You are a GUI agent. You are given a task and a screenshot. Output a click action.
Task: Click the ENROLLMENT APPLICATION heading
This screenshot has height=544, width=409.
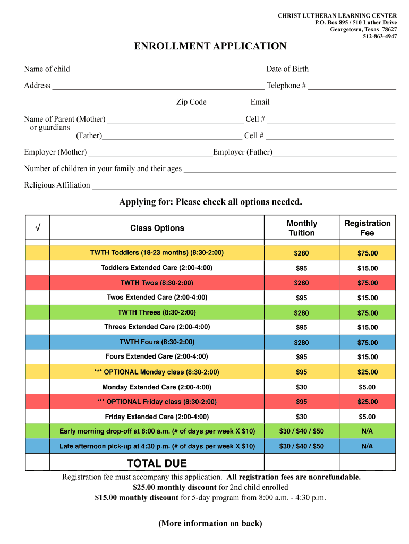pos(210,46)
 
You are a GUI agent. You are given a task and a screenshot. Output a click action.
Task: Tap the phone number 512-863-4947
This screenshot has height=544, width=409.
pos(379,37)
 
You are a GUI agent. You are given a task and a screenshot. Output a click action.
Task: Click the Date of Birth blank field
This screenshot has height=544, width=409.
pos(353,70)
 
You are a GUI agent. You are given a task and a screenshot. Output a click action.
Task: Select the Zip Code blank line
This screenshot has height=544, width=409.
pos(228,103)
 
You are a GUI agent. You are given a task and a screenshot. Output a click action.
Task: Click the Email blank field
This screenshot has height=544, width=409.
pos(334,103)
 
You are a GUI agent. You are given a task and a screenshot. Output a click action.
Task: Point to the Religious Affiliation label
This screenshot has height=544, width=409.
pos(57,185)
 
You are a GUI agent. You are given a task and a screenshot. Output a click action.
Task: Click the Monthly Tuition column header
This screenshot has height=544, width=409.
pos(302,228)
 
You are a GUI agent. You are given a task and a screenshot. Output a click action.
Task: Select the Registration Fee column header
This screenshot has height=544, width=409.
pos(367,228)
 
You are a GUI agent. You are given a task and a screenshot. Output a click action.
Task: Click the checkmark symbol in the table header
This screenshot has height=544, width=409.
pos(38,228)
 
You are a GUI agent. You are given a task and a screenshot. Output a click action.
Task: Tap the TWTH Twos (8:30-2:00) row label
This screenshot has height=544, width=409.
pos(157,283)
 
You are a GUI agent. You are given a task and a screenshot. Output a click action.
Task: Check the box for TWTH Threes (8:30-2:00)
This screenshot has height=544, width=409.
pos(38,312)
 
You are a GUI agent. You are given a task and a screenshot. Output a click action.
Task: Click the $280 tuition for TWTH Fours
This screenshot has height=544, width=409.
pos(301,343)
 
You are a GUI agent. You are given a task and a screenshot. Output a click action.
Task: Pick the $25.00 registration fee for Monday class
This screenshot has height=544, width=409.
pos(367,372)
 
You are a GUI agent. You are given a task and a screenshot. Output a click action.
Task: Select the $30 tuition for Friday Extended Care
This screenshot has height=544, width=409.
pos(301,417)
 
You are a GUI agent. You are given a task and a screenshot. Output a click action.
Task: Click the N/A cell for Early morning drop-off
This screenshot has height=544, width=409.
pos(367,431)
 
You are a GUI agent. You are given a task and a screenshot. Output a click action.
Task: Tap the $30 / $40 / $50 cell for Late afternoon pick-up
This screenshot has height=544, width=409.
pos(301,446)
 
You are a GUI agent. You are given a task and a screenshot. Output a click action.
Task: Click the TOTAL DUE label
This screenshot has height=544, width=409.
pos(157,463)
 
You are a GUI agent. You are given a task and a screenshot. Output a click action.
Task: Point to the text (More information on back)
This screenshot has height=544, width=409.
pos(210,524)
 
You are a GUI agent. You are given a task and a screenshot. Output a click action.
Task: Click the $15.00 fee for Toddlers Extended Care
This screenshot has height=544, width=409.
pos(367,268)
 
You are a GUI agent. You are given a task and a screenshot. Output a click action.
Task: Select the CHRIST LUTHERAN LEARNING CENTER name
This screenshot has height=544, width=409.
pos(337,16)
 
